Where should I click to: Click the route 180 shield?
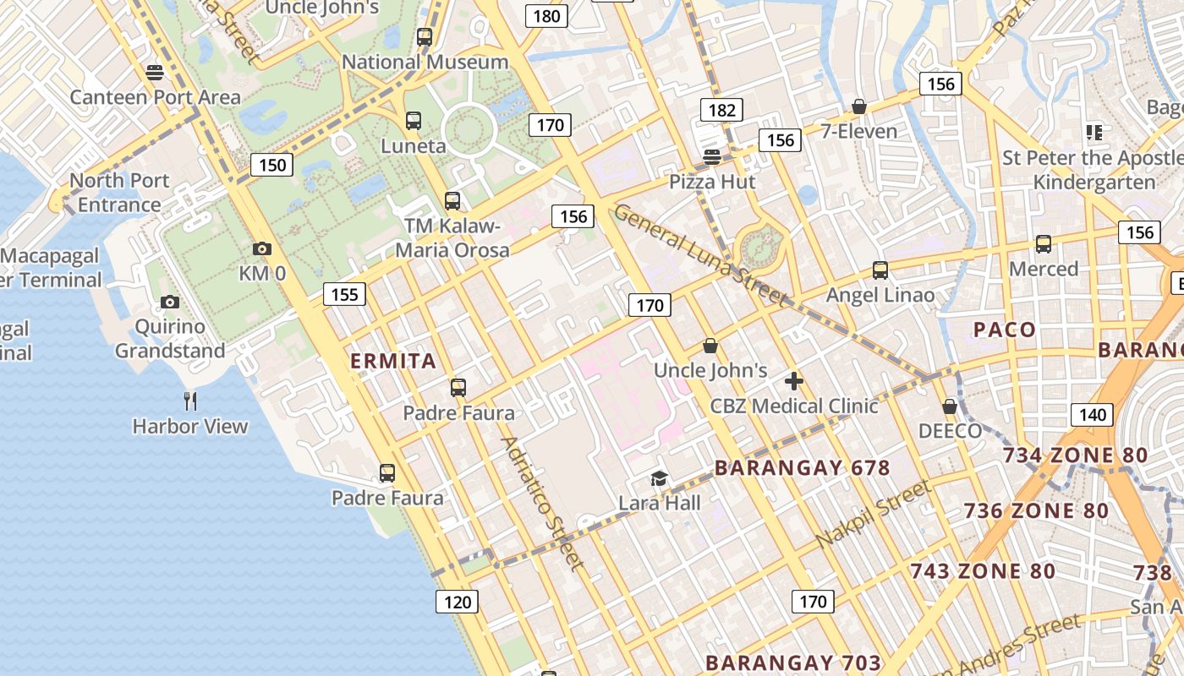(546, 15)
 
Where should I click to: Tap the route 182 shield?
(721, 110)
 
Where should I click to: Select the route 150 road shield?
(272, 164)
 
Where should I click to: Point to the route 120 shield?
(457, 602)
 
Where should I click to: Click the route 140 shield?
(1092, 414)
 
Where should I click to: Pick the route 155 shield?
(344, 294)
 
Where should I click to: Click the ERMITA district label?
(393, 361)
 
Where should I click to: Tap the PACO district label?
(1005, 330)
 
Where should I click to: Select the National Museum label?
(425, 62)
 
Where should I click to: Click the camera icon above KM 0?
(262, 248)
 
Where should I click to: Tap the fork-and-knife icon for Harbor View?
(190, 401)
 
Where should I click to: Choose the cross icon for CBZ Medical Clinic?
(793, 381)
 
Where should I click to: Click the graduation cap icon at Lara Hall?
(659, 479)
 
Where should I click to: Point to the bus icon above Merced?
(1044, 244)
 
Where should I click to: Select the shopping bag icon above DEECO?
(950, 406)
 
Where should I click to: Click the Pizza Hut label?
(712, 182)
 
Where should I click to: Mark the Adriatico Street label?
(542, 503)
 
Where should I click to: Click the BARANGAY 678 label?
(802, 467)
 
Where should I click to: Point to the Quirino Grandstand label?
(170, 338)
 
